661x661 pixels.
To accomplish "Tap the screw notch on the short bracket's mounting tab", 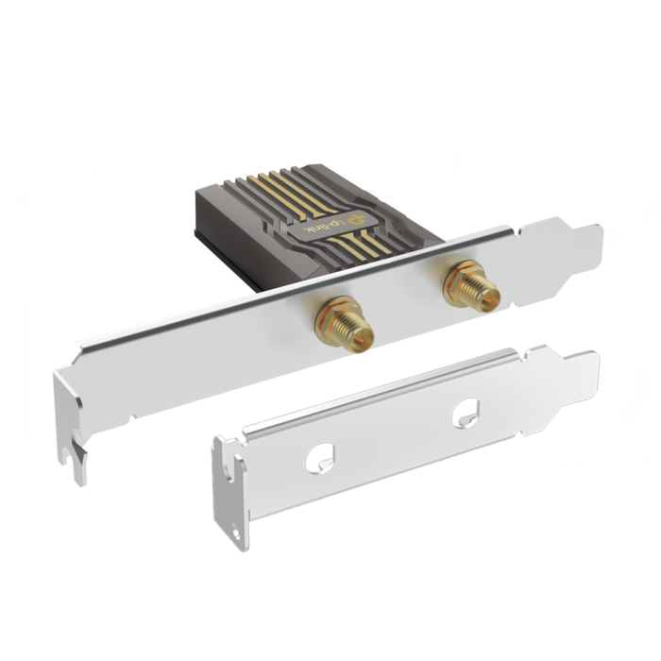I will (x=231, y=530).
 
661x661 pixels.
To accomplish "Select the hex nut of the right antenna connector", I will (x=463, y=278).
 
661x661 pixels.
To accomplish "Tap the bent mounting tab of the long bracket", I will (x=71, y=425).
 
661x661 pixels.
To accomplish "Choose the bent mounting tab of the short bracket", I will (x=229, y=491).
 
